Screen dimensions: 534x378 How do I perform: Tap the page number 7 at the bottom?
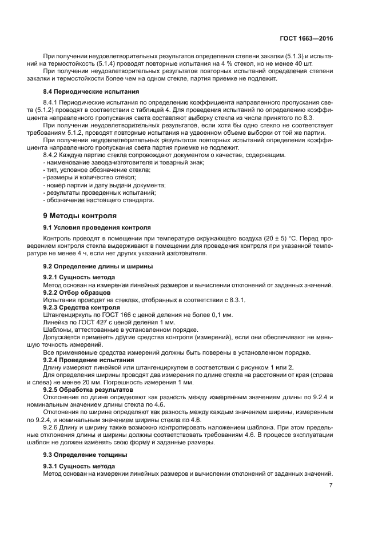click(331, 485)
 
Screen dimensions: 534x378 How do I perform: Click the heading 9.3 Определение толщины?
click(85, 455)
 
